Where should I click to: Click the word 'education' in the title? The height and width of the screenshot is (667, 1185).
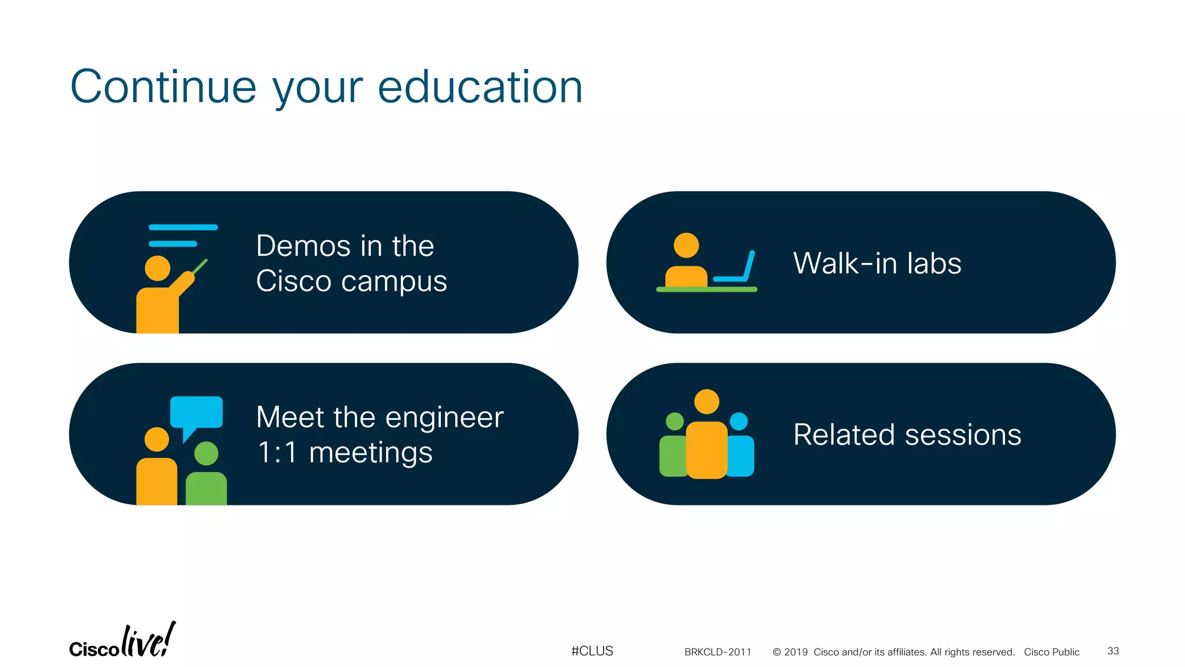pyautogui.click(x=480, y=87)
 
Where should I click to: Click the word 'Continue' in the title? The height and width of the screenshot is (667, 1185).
pyautogui.click(x=163, y=87)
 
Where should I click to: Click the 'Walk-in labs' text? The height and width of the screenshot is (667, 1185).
pyautogui.click(x=877, y=263)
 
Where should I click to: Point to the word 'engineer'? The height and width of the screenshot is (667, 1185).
pyautogui.click(x=444, y=417)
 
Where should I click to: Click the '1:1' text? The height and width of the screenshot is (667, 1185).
pyautogui.click(x=277, y=452)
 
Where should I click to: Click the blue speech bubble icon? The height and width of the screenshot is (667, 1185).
pyautogui.click(x=196, y=413)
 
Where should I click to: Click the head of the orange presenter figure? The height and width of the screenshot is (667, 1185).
pyautogui.click(x=157, y=268)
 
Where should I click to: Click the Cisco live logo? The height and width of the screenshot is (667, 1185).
pyautogui.click(x=122, y=642)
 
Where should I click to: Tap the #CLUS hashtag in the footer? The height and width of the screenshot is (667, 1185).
pyautogui.click(x=592, y=651)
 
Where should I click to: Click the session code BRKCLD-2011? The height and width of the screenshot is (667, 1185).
pyautogui.click(x=717, y=652)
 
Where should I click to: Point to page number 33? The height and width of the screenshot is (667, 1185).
pyautogui.click(x=1113, y=651)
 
